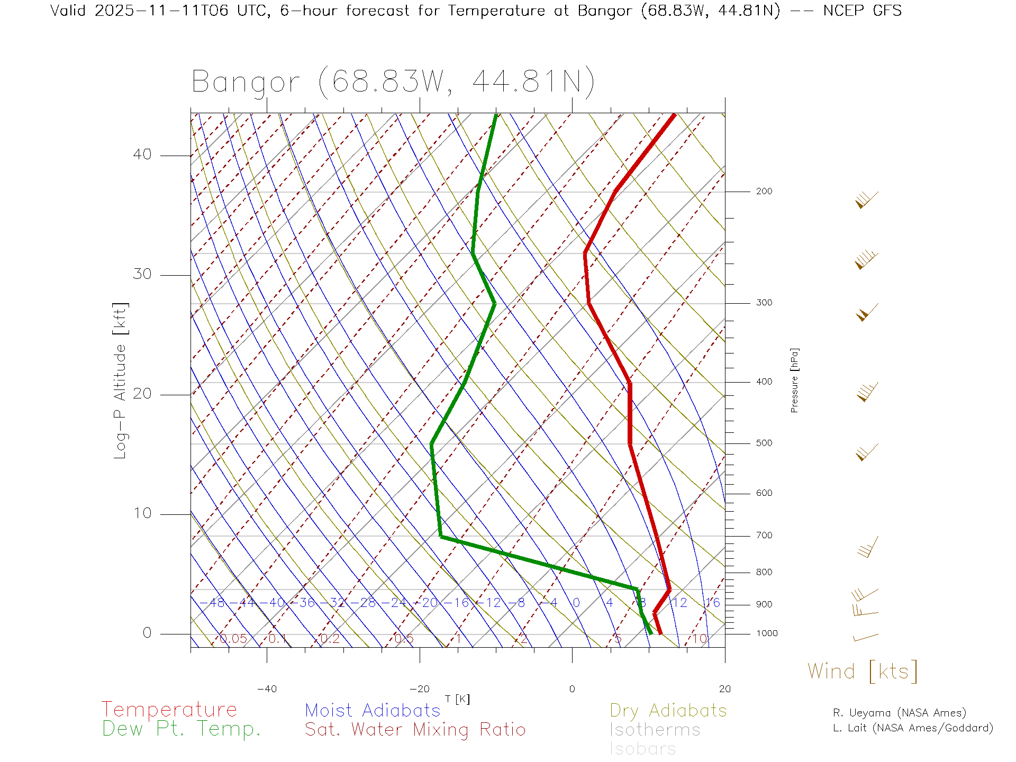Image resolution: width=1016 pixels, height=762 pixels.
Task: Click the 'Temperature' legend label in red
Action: click(x=169, y=710)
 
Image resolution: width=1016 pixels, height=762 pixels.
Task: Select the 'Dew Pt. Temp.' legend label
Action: click(x=182, y=729)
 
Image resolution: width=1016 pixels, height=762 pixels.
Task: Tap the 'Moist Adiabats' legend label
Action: click(x=373, y=710)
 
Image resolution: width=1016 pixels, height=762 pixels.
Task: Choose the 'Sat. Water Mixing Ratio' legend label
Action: click(x=415, y=730)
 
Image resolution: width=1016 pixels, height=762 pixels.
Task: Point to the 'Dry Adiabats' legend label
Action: click(x=668, y=710)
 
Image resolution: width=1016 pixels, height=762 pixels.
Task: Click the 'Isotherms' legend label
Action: click(x=655, y=730)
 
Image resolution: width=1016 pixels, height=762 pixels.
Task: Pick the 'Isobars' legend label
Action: click(x=642, y=749)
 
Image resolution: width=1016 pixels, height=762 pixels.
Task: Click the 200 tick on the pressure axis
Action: click(x=764, y=192)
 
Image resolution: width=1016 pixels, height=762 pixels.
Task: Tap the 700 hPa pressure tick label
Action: click(x=764, y=536)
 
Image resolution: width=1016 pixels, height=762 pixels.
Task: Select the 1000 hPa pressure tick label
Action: click(x=767, y=633)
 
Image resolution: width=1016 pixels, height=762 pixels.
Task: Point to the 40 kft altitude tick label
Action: click(x=142, y=155)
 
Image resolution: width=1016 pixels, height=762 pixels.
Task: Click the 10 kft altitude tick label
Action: click(x=142, y=513)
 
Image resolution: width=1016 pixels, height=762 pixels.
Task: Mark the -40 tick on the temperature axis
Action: click(x=267, y=689)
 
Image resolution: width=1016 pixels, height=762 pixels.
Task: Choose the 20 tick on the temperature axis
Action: click(x=724, y=689)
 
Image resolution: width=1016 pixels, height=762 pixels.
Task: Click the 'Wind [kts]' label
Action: click(x=863, y=672)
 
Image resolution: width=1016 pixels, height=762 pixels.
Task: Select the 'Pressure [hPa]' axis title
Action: click(x=794, y=380)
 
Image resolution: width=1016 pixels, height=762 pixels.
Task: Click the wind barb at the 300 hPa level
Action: click(x=866, y=312)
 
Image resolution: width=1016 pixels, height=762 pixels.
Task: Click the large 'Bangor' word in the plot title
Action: click(x=246, y=83)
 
